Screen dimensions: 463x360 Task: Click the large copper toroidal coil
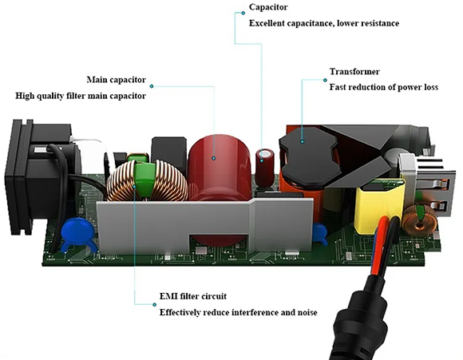tap(147, 180)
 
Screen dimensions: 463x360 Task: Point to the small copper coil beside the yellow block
tap(420, 219)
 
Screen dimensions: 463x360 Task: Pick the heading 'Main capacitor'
tap(116, 80)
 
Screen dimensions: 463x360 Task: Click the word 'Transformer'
tap(354, 72)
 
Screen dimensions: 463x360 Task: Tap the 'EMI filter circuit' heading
tap(193, 296)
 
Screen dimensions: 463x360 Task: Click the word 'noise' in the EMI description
tap(307, 312)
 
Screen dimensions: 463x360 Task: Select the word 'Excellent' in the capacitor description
tap(267, 23)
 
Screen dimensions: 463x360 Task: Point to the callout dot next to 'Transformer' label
tap(325, 80)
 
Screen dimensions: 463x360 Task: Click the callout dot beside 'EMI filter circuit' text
tap(154, 304)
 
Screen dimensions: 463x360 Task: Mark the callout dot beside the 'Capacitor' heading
tap(243, 13)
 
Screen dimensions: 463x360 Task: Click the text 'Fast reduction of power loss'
tap(383, 87)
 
